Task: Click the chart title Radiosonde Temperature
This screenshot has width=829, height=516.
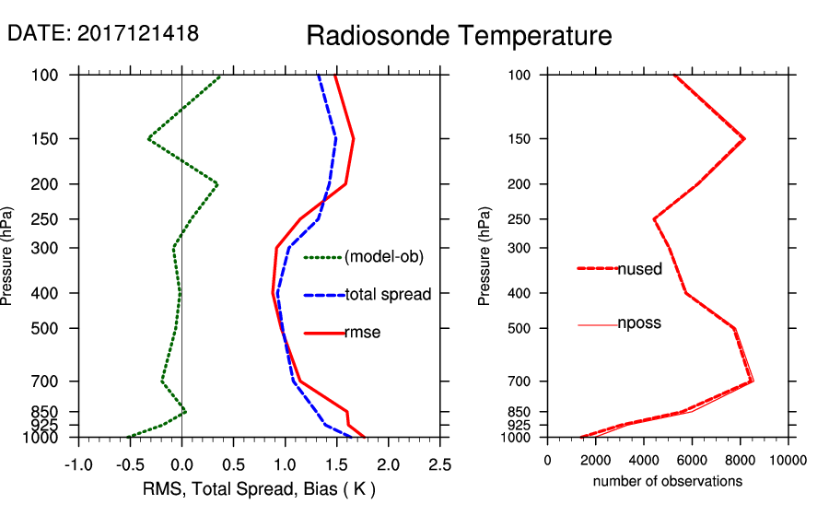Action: [x=459, y=36]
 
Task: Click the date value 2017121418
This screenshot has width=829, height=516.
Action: [x=137, y=33]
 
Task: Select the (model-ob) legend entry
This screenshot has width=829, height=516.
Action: [x=384, y=257]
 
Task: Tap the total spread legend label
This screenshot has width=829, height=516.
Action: [x=388, y=295]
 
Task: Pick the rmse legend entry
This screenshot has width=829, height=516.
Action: [x=362, y=333]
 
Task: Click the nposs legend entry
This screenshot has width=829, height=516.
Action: [x=639, y=323]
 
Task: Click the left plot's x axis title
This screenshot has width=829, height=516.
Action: [x=259, y=487]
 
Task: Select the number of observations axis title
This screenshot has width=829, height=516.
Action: [x=668, y=481]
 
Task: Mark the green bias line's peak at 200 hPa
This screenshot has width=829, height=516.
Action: [x=217, y=184]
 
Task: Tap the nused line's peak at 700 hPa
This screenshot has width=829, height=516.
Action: [x=753, y=381]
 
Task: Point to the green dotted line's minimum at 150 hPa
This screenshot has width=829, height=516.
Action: [x=148, y=139]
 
